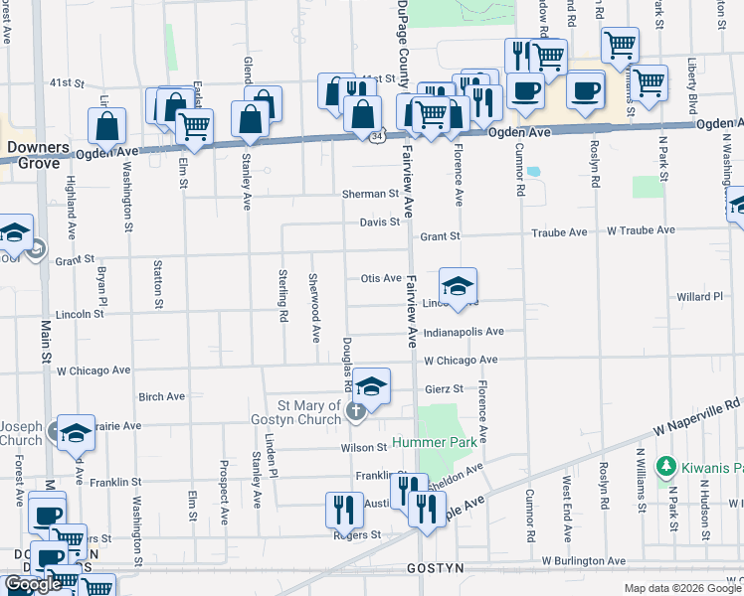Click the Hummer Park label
pyautogui.click(x=439, y=441)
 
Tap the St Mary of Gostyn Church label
pyautogui.click(x=309, y=411)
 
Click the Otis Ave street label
pyautogui.click(x=381, y=279)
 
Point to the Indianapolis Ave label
pyautogui.click(x=464, y=332)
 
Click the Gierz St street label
pyautogui.click(x=444, y=389)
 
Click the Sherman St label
pyautogui.click(x=370, y=194)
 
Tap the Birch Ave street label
pyautogui.click(x=162, y=396)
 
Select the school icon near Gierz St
pyautogui.click(x=371, y=387)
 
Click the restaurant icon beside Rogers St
pyautogui.click(x=344, y=510)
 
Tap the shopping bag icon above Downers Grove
pyautogui.click(x=106, y=126)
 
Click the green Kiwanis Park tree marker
pyautogui.click(x=665, y=466)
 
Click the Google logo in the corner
pyautogui.click(x=33, y=584)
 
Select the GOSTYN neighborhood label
pyautogui.click(x=436, y=569)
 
